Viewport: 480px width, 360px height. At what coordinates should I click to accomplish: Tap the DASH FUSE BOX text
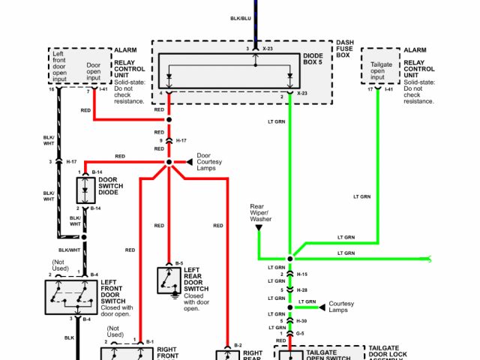(345, 49)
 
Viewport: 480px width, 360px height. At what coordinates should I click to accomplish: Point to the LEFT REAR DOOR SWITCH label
(196, 280)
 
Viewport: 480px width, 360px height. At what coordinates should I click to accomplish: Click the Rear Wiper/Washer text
(260, 212)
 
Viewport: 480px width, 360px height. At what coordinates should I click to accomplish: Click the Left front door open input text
(62, 65)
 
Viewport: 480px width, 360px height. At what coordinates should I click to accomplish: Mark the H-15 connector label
(302, 274)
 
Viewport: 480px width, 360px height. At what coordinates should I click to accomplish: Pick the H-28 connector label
(302, 289)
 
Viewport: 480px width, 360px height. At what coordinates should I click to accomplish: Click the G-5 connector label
(301, 332)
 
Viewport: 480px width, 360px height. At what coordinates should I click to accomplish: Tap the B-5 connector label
(179, 263)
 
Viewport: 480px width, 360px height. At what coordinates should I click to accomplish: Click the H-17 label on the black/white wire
(72, 161)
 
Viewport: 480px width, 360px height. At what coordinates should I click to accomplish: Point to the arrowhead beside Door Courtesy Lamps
(190, 161)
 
